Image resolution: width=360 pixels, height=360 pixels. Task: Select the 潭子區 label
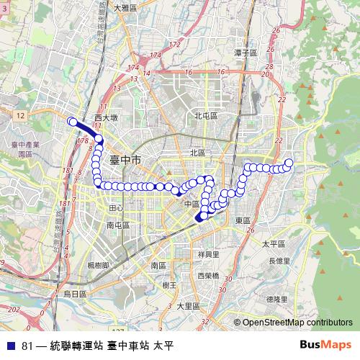tap(246, 53)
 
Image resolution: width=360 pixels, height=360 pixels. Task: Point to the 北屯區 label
tap(205, 115)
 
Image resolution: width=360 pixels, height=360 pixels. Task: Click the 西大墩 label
tap(105, 117)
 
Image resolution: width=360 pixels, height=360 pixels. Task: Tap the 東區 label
tap(242, 220)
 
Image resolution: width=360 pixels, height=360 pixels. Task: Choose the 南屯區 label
tap(117, 225)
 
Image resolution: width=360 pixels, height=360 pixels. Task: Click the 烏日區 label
tap(75, 294)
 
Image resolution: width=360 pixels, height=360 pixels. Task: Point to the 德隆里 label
tap(276, 298)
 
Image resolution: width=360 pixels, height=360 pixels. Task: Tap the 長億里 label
tap(279, 260)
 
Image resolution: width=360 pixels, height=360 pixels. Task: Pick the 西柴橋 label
tap(209, 276)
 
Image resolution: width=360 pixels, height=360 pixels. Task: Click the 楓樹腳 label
tap(98, 265)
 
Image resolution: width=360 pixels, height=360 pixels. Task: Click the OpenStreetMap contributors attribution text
tap(297, 323)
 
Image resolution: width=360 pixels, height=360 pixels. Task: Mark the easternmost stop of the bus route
tap(289, 163)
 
